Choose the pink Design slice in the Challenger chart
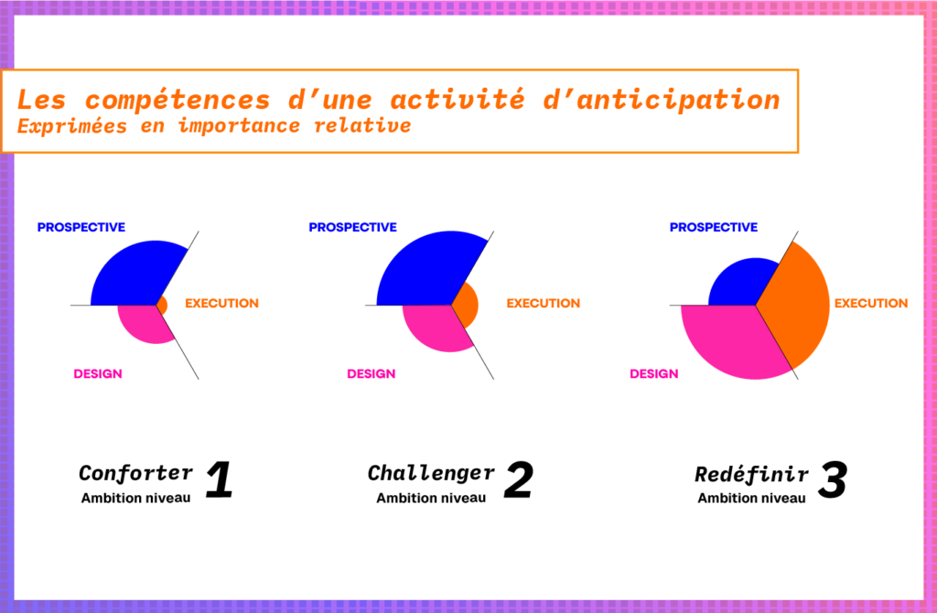[437, 328]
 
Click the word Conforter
[135, 473]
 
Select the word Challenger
[431, 473]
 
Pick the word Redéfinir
[751, 474]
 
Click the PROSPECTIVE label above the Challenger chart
[352, 227]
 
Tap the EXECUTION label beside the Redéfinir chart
[871, 303]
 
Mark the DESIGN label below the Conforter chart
[98, 373]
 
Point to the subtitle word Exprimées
[61, 125]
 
